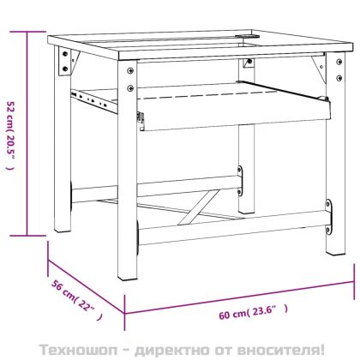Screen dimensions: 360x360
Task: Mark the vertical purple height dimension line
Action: (29, 133)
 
